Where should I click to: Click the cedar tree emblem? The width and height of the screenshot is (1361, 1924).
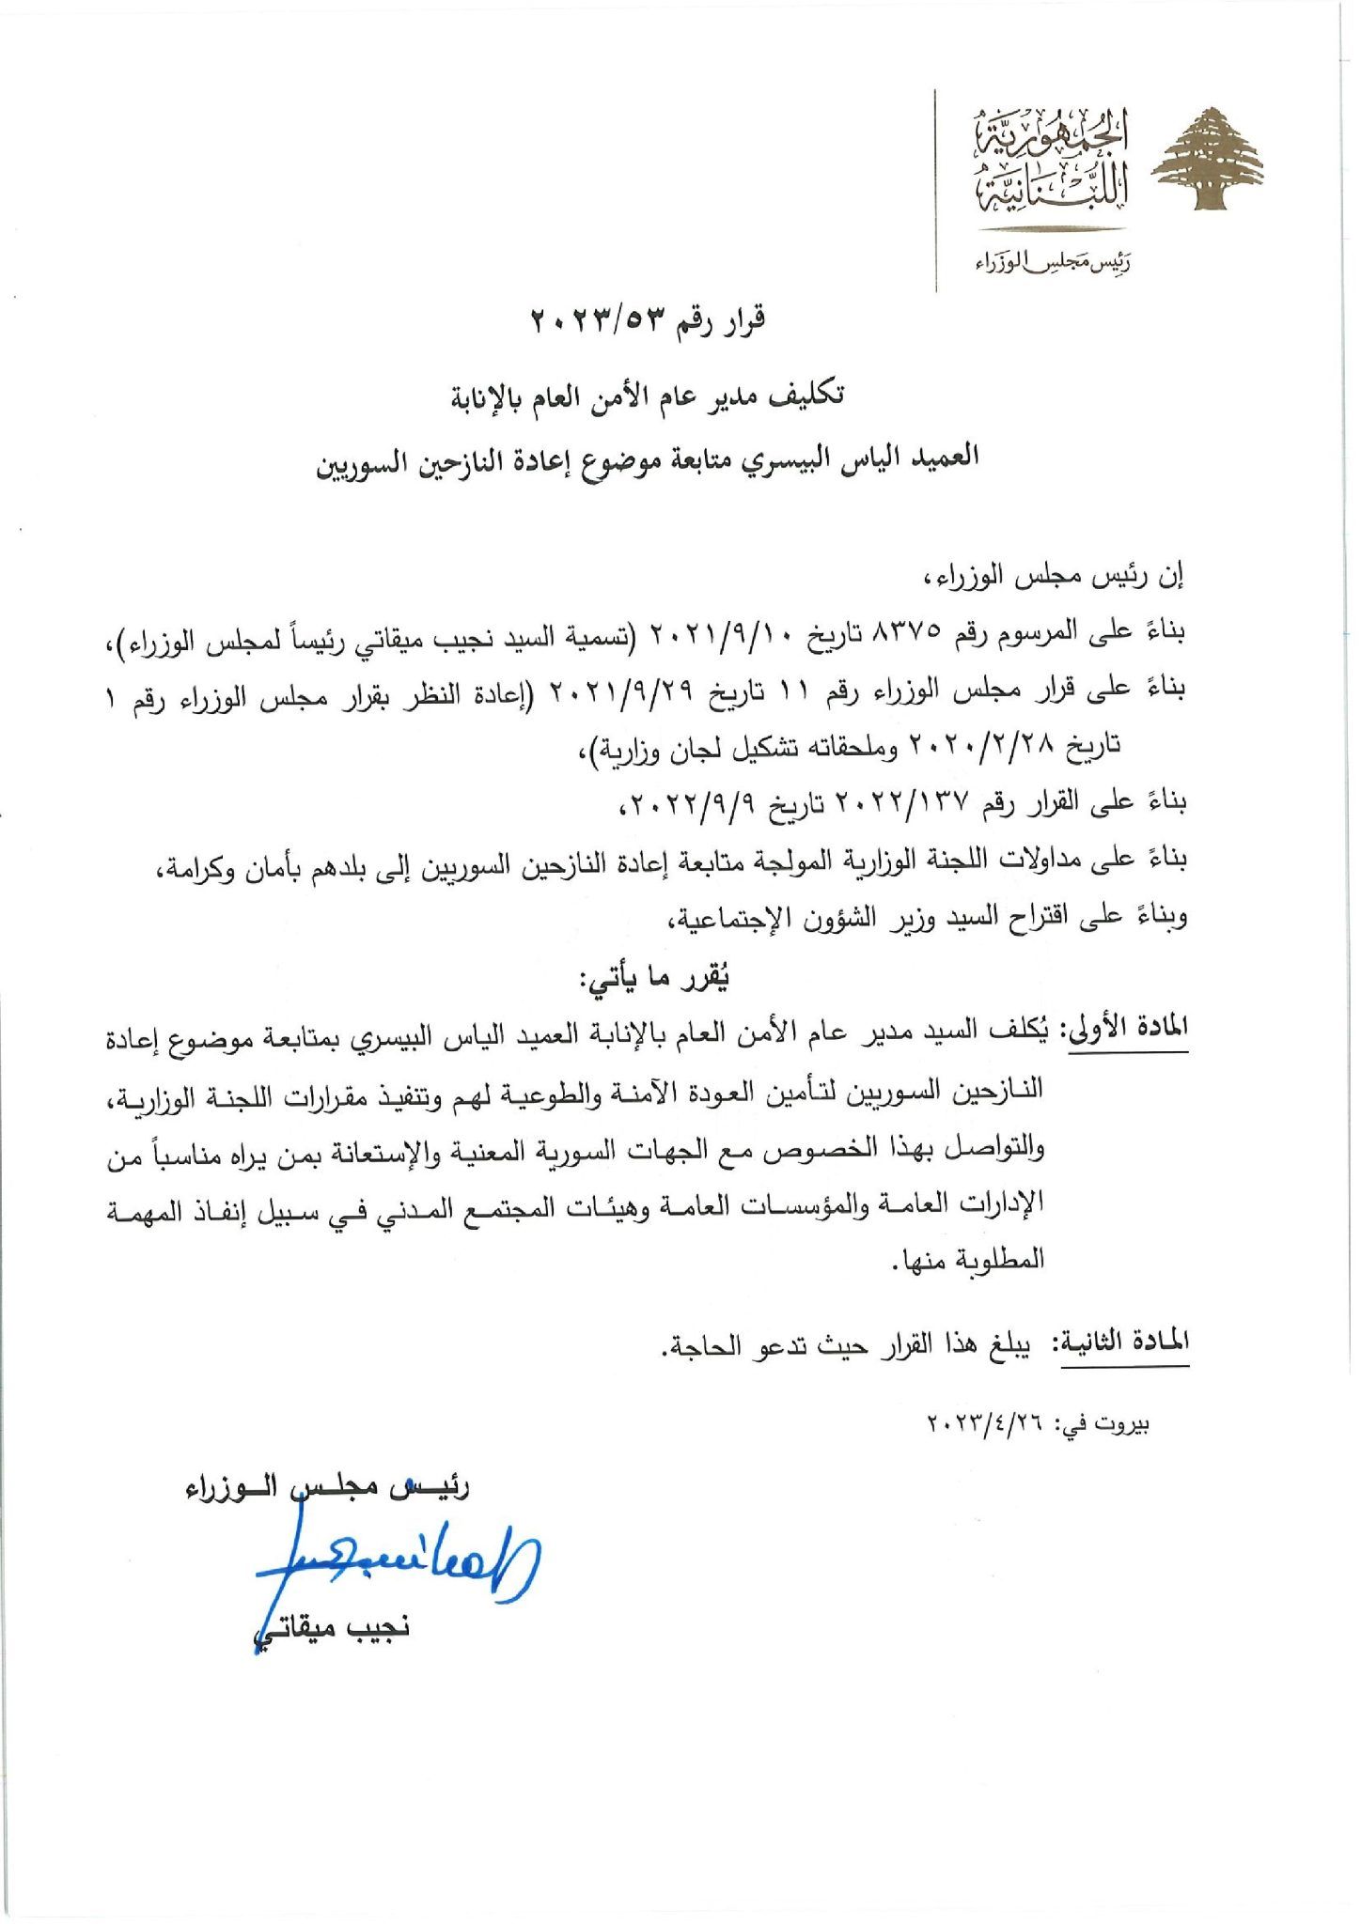coord(1208,159)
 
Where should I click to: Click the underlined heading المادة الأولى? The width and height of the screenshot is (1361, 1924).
coord(1125,1027)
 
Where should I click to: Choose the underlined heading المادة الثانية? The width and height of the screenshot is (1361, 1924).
coord(1125,1342)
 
